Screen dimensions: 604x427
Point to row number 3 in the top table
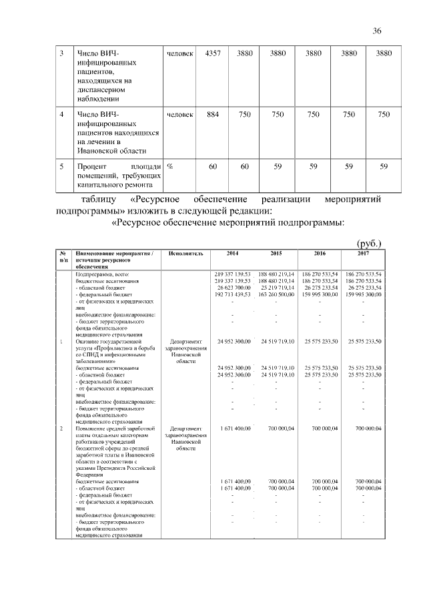(x=61, y=53)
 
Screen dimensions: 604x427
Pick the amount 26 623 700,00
(x=232, y=287)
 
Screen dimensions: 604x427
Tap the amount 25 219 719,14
(x=276, y=287)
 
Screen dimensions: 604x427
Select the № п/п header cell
(x=62, y=258)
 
